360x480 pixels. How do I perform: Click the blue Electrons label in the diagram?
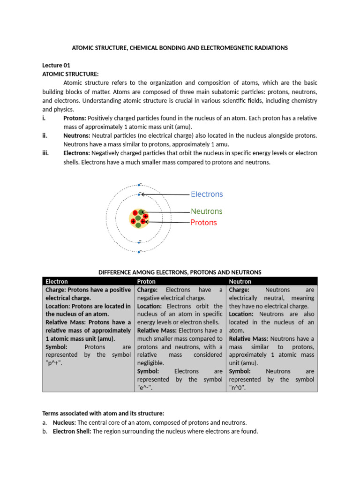(x=207, y=194)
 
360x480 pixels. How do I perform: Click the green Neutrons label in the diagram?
(x=206, y=211)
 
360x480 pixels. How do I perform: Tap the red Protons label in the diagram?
(x=203, y=223)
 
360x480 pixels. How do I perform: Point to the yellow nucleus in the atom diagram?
(x=139, y=218)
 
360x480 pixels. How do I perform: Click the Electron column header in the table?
(x=56, y=281)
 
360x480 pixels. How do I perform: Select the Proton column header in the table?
(x=146, y=281)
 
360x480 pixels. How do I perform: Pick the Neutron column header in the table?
(x=240, y=281)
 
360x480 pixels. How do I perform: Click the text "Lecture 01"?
(x=56, y=65)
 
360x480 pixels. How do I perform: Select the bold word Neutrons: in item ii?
(x=76, y=135)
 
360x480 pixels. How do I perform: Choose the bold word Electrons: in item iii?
(x=77, y=153)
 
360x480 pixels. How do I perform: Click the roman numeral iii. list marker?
(x=46, y=153)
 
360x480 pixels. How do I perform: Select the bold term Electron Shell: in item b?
(x=72, y=431)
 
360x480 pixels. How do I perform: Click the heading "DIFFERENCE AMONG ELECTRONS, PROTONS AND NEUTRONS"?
(x=180, y=272)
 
